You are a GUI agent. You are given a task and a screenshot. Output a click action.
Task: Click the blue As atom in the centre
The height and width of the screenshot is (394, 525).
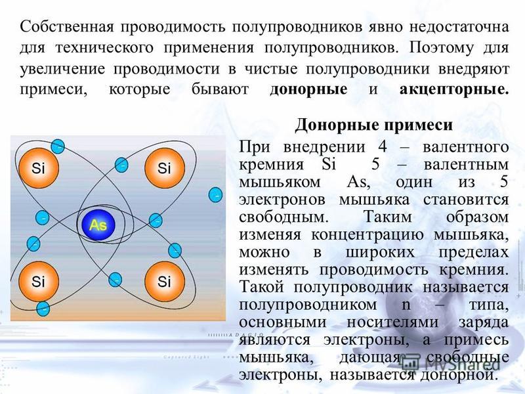point(98,225)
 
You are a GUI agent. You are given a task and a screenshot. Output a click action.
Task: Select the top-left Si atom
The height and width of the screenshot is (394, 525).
point(39,168)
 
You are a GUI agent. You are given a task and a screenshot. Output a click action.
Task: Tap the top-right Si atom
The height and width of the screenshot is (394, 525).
point(165,168)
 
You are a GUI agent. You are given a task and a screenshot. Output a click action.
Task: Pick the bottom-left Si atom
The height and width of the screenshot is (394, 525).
point(39,282)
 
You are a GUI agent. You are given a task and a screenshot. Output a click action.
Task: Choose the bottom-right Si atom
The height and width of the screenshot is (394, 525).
point(165,282)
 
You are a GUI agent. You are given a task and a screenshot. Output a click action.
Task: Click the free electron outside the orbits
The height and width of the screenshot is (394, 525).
point(215,194)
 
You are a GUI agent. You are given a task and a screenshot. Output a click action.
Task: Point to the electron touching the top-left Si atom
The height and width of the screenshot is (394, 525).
point(58,146)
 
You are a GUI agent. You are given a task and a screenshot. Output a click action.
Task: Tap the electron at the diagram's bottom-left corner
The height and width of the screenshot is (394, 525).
point(43,309)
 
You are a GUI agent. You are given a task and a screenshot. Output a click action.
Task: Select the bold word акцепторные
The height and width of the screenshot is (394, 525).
point(454,89)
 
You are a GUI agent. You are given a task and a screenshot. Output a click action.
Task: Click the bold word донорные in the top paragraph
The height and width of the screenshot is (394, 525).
point(308,89)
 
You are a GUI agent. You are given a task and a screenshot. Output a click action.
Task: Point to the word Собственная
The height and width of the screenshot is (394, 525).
point(67,27)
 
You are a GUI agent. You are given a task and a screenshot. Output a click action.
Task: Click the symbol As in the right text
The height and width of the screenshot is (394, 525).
point(358,183)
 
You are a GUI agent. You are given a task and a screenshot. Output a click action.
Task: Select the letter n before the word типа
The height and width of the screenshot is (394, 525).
point(406,305)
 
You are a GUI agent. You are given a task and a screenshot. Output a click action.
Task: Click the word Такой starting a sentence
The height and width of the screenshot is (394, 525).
point(262,288)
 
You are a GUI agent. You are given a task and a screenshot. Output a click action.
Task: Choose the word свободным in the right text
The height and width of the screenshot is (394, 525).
point(283,217)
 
